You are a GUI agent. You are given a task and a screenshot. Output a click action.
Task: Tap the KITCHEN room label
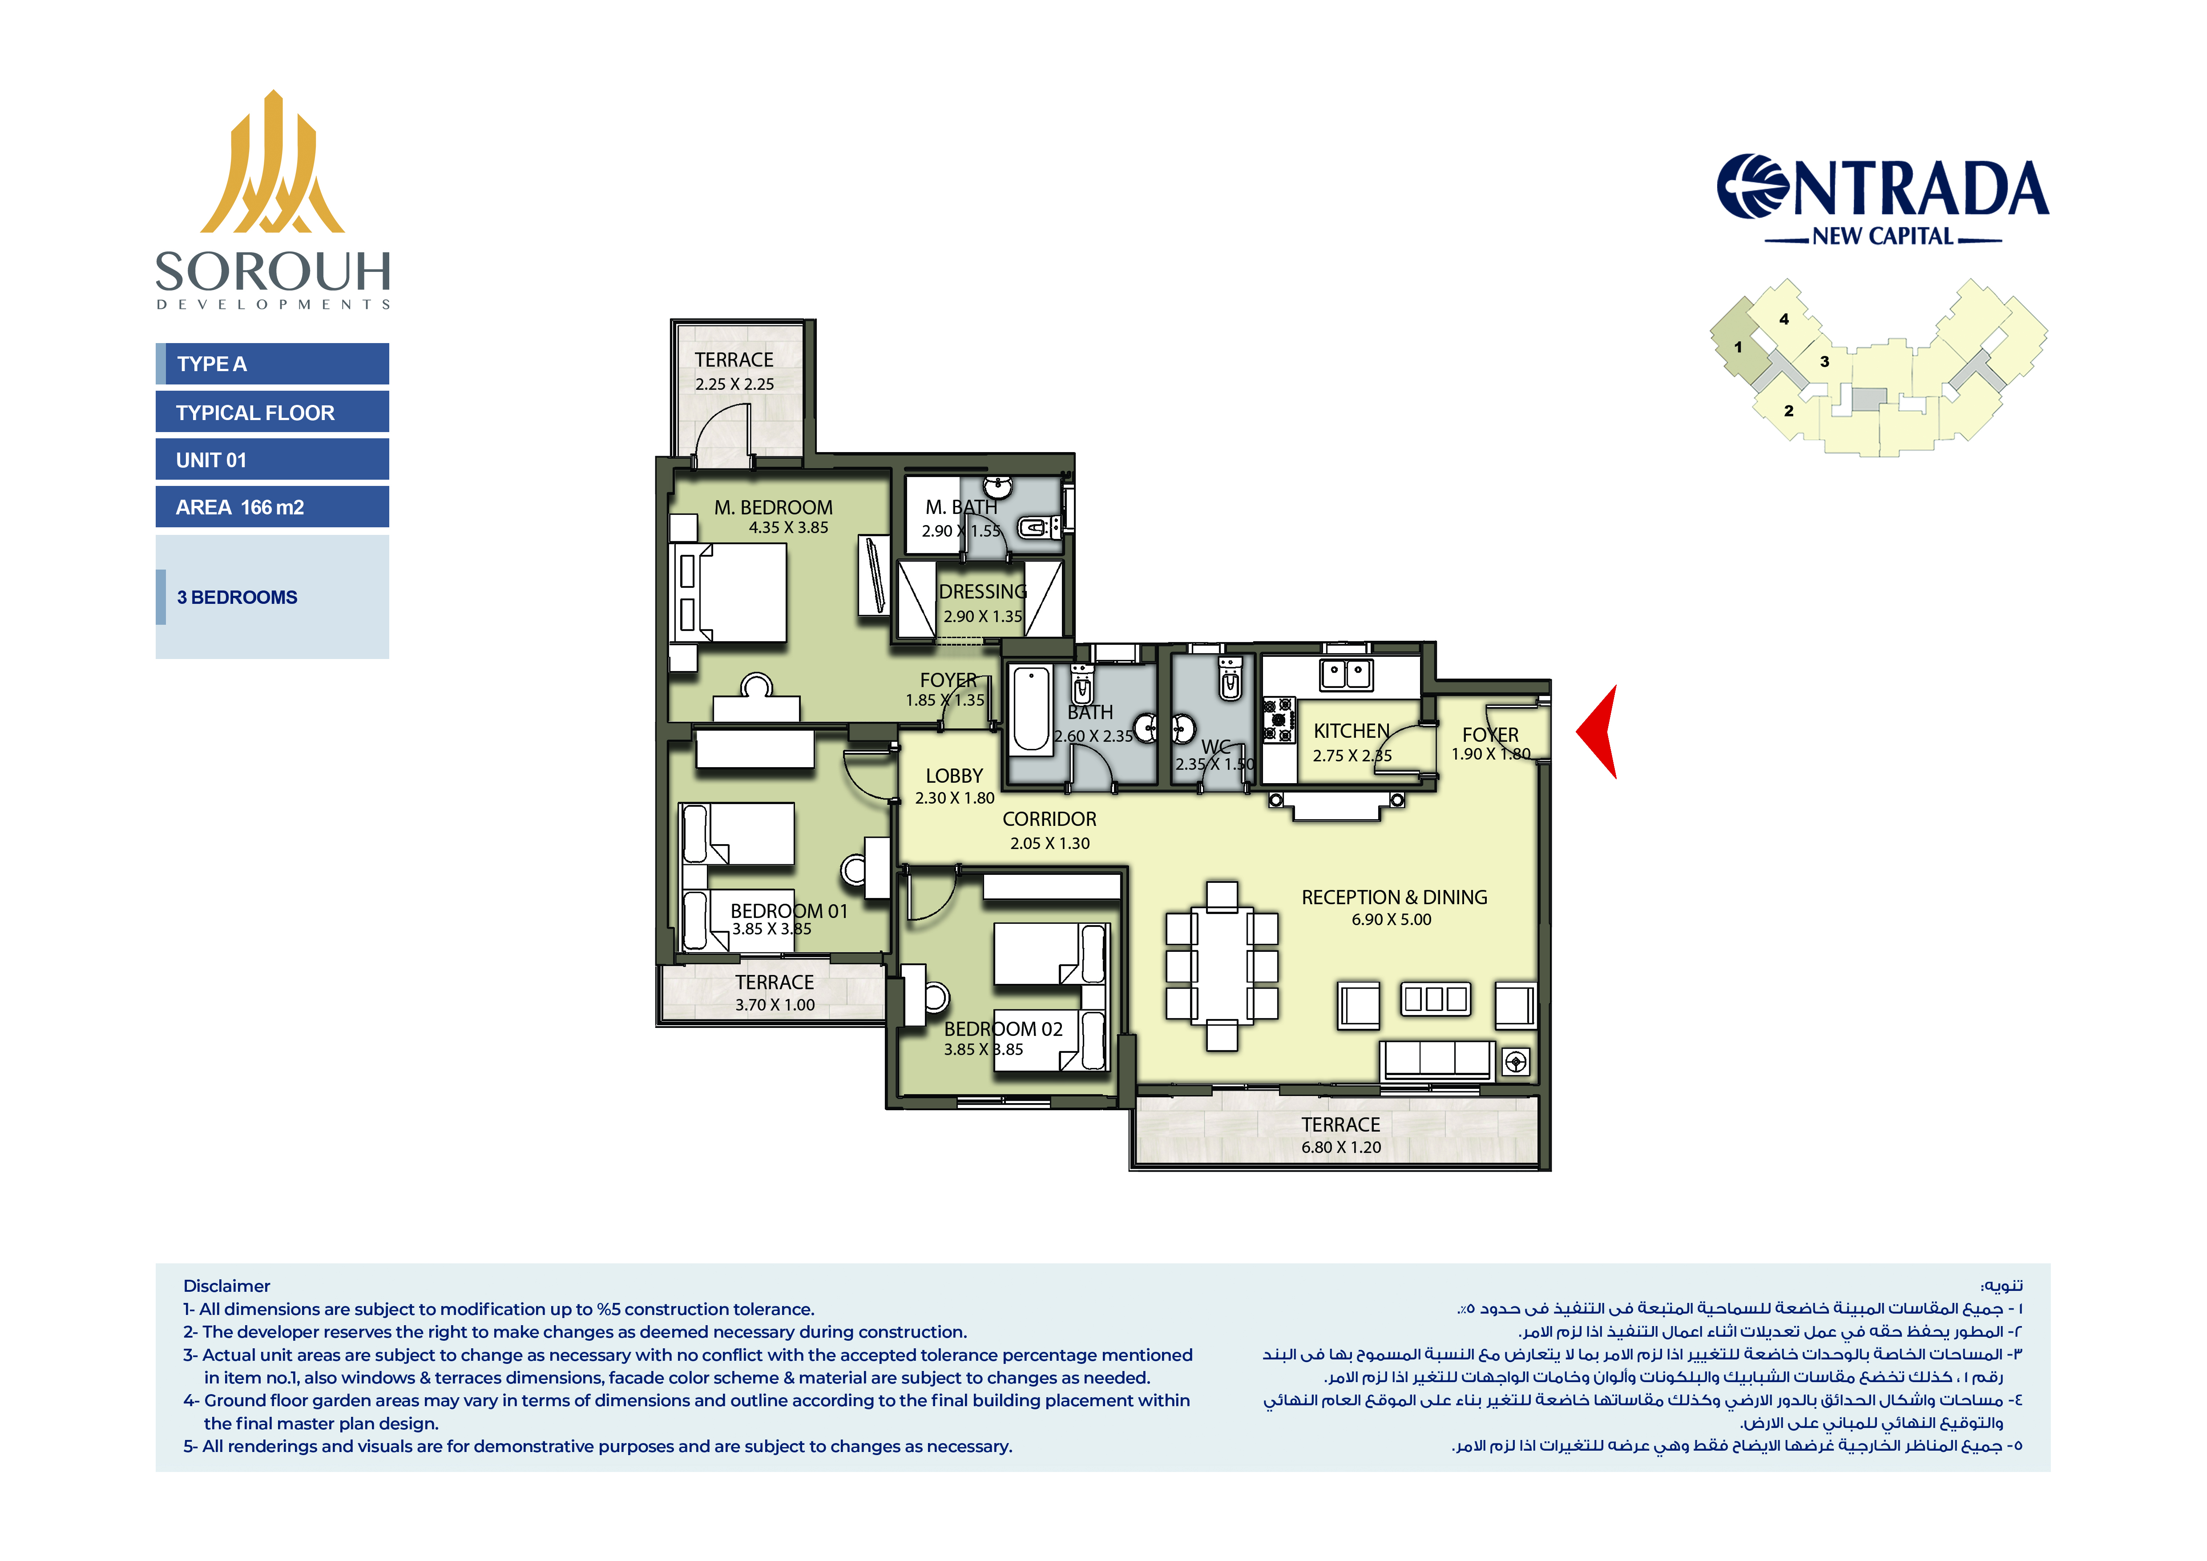point(1352,731)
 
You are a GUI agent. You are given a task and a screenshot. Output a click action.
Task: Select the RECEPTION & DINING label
point(1394,897)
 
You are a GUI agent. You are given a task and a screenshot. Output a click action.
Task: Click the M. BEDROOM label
point(773,508)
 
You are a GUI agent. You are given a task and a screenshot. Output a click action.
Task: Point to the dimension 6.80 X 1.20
point(1341,1147)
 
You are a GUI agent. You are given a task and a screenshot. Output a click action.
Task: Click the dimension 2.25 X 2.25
point(734,384)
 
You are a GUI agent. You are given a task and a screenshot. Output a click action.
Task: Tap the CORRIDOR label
point(1049,819)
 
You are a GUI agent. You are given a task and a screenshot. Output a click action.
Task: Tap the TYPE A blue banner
point(272,364)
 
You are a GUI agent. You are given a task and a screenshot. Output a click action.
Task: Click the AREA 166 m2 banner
point(272,506)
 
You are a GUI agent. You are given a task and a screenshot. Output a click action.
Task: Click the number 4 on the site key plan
point(1784,319)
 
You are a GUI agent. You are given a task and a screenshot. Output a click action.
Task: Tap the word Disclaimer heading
point(227,1286)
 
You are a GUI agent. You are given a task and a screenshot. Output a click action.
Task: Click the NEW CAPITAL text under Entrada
point(1883,236)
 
